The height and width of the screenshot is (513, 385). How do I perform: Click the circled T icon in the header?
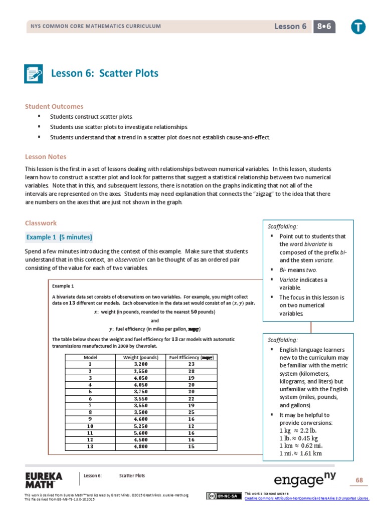point(358,27)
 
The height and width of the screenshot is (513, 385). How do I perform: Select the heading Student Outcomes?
point(54,106)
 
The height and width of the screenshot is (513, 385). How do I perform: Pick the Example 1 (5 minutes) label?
point(59,237)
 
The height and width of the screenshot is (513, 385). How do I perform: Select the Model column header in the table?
point(90,357)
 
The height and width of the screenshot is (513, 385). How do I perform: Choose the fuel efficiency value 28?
point(191,371)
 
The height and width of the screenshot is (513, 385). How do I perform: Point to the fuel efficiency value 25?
point(191,412)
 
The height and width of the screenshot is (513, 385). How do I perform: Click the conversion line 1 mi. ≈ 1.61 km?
point(300,453)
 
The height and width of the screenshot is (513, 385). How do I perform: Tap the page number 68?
point(359,480)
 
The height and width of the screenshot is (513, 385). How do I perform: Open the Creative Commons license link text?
point(307,498)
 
